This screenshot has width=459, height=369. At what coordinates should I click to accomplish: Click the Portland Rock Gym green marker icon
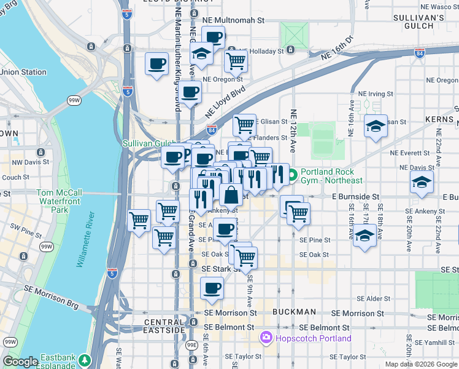click(x=293, y=175)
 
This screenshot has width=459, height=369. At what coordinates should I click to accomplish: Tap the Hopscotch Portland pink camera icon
click(x=266, y=338)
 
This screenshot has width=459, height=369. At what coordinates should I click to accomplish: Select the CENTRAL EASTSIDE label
click(x=164, y=326)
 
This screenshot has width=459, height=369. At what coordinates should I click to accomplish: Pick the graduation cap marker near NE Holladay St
click(x=201, y=54)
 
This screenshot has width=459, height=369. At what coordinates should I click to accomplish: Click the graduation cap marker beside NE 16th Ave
click(x=376, y=127)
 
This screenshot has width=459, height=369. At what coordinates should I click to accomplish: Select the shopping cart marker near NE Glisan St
click(x=244, y=125)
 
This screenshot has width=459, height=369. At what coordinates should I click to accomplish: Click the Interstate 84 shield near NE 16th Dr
click(x=420, y=54)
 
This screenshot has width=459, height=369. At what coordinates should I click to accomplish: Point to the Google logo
click(x=20, y=362)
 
